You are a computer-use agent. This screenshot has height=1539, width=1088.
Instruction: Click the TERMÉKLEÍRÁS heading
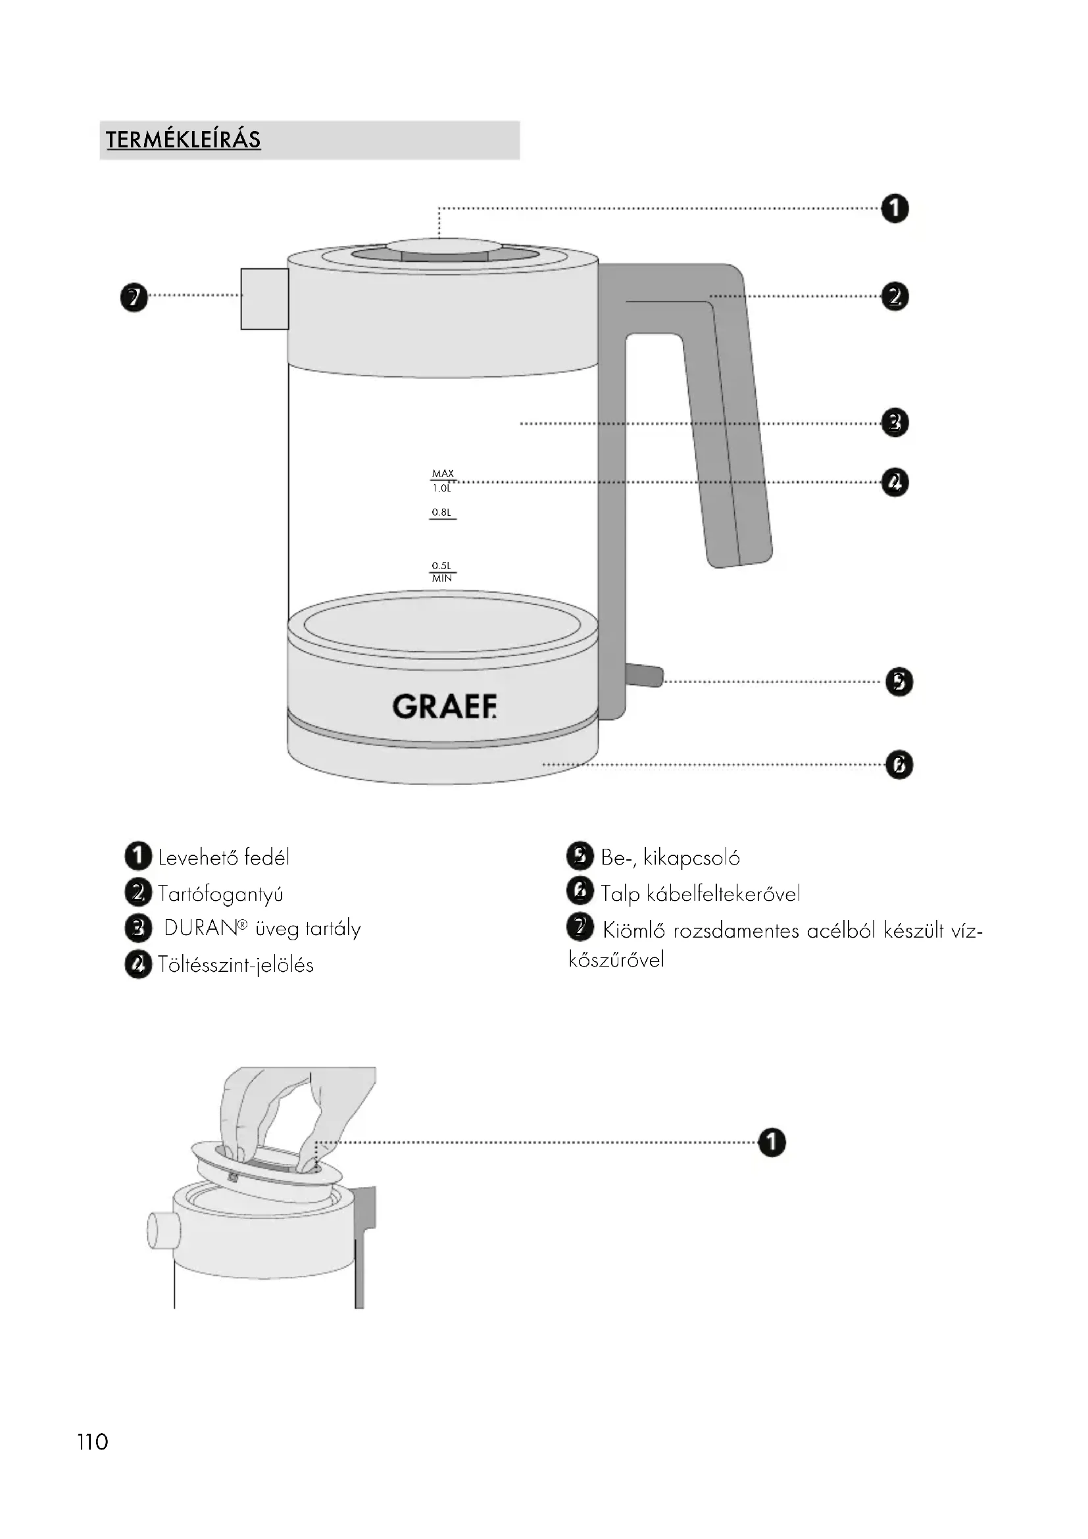coord(183,139)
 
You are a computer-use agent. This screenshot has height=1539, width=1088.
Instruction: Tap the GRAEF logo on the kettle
coord(444,707)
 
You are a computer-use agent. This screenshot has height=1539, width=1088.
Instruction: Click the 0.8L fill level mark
coord(441,513)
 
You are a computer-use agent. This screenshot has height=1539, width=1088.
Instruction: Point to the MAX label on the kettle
coord(443,473)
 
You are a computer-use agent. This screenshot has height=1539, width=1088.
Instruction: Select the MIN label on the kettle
coord(442,578)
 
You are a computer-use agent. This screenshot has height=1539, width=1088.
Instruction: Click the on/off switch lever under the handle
coord(645,676)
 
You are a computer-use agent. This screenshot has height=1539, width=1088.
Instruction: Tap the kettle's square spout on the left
coord(264,299)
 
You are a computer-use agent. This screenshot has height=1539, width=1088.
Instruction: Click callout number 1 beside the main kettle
coord(895,209)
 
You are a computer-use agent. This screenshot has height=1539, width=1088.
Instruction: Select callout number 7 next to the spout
coord(134,297)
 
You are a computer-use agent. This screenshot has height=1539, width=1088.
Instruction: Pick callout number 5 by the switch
coord(899,682)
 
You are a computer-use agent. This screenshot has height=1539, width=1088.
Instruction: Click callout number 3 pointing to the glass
coord(895,423)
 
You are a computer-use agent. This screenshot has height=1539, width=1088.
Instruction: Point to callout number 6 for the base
coord(899,765)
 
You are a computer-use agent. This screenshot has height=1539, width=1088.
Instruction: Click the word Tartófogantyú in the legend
coord(220,894)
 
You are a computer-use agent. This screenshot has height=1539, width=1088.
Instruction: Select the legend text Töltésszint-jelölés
coord(236,965)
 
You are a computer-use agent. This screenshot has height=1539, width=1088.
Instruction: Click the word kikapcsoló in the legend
coord(691,857)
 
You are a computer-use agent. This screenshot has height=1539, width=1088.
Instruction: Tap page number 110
coord(93,1441)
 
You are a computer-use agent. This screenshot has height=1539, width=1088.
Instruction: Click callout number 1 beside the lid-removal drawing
coord(772,1142)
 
